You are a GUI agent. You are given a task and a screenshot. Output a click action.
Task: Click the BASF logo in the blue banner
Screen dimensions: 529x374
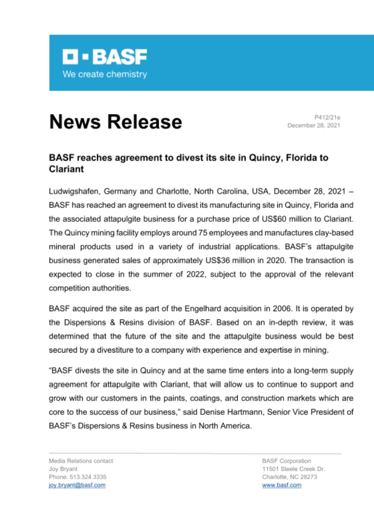click(x=105, y=57)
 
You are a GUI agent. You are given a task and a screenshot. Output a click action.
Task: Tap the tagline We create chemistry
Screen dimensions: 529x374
click(x=104, y=74)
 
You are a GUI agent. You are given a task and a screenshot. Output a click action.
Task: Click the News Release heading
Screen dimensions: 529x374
click(x=116, y=122)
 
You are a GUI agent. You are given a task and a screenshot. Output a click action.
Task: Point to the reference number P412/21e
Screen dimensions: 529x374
click(x=327, y=117)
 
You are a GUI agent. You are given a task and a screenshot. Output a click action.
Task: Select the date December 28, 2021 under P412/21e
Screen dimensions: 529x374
click(x=314, y=125)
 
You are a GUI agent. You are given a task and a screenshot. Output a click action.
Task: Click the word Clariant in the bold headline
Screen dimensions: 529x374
click(x=65, y=169)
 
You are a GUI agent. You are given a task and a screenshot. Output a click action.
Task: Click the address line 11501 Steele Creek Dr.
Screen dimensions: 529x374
click(x=293, y=469)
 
